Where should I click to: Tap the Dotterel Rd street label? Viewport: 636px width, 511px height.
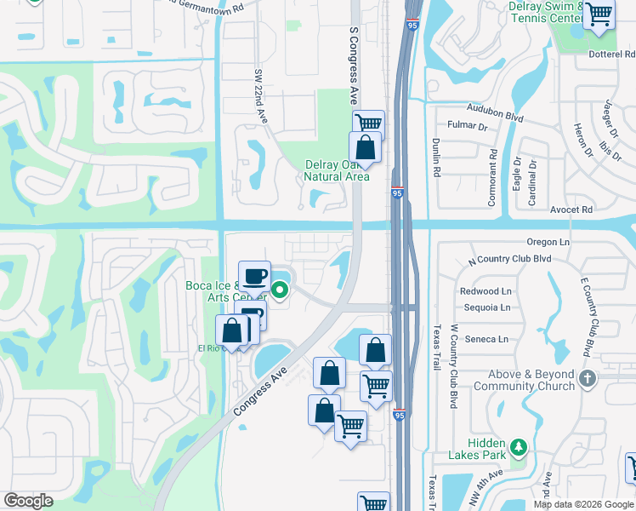coord(612,54)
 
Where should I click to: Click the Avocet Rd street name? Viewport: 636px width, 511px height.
coord(571,210)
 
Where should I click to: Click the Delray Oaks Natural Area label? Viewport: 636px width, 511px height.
coord(338,170)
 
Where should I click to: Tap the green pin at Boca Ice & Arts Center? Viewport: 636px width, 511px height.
coord(281,291)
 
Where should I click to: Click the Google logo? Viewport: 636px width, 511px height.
coord(28,500)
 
